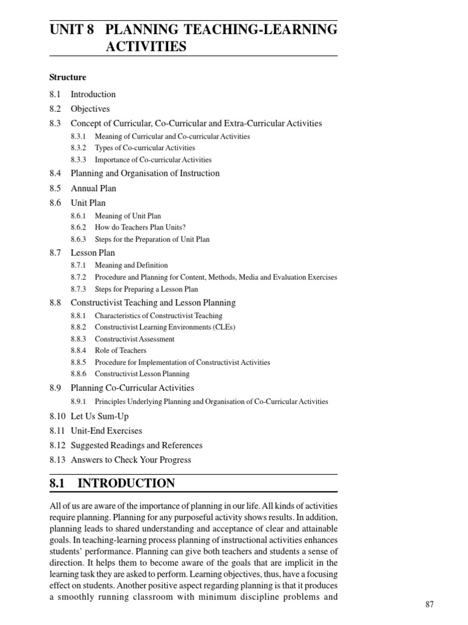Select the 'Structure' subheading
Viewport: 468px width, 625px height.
pyautogui.click(x=68, y=78)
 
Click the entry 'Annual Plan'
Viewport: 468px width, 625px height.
pyautogui.click(x=93, y=188)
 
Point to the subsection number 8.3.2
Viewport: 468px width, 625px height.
pyautogui.click(x=78, y=148)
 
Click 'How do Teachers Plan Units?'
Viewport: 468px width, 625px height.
pyautogui.click(x=140, y=228)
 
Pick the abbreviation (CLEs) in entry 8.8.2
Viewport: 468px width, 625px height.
pyautogui.click(x=222, y=327)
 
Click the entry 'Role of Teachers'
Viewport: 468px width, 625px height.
pyautogui.click(x=121, y=350)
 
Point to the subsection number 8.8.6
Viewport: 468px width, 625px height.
pyautogui.click(x=78, y=374)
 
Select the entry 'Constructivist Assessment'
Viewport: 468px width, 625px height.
pyautogui.click(x=135, y=339)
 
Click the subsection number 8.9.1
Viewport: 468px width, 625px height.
pyautogui.click(x=78, y=402)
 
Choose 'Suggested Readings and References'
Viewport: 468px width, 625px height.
pyautogui.click(x=136, y=446)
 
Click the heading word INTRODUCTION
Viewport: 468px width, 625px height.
pyautogui.click(x=126, y=483)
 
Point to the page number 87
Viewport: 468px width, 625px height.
pyautogui.click(x=430, y=604)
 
